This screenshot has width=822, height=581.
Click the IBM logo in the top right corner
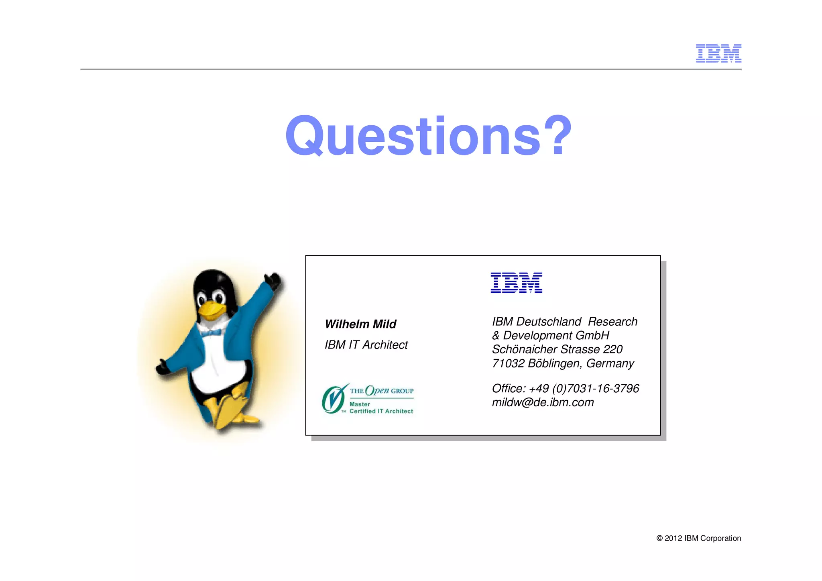click(718, 53)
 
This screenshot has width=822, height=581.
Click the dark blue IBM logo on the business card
click(516, 283)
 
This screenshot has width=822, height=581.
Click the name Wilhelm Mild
click(360, 324)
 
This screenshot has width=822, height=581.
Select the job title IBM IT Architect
click(366, 345)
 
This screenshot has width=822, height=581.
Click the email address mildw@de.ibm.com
click(543, 402)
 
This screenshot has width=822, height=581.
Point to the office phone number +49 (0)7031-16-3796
click(584, 388)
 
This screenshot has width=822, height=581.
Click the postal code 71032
click(508, 363)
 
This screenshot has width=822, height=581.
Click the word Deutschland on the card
click(548, 322)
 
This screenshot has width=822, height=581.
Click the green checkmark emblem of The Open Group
click(334, 399)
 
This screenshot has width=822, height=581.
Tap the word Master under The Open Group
click(360, 404)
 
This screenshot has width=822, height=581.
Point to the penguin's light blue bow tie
click(212, 333)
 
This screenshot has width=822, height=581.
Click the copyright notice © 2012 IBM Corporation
click(698, 538)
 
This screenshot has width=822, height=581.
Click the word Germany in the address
click(610, 363)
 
